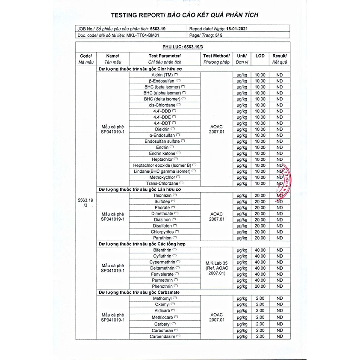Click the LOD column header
point(260,56)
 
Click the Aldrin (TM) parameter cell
point(159,75)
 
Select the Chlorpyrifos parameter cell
point(162,232)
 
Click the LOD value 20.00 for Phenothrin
point(260,286)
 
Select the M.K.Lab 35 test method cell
point(216,268)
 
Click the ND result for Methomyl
point(280,298)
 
